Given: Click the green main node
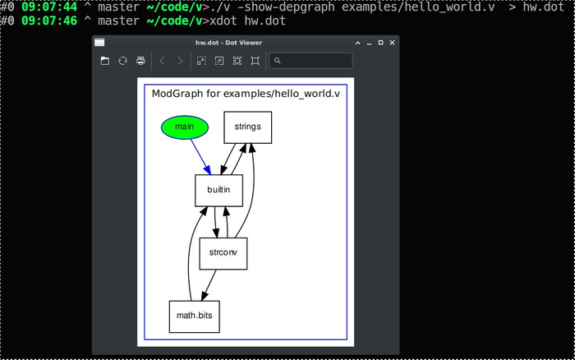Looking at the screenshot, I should coord(185,127).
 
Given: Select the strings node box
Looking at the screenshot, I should coord(247,127).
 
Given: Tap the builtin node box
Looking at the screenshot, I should coord(218,190).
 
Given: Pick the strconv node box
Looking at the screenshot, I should coord(223,253).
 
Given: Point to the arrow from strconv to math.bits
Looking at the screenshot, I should coord(209,284).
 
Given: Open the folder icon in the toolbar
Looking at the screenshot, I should coord(105,61).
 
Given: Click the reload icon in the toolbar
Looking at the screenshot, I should coord(123,61).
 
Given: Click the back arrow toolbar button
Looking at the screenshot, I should coord(163,61).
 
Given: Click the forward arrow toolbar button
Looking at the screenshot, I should coord(180,61).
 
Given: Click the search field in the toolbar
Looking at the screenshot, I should coord(315,61).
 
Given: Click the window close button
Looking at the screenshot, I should coord(392,42).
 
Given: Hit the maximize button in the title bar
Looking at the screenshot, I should coord(380,42).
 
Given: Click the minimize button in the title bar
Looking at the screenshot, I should coord(369,42).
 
